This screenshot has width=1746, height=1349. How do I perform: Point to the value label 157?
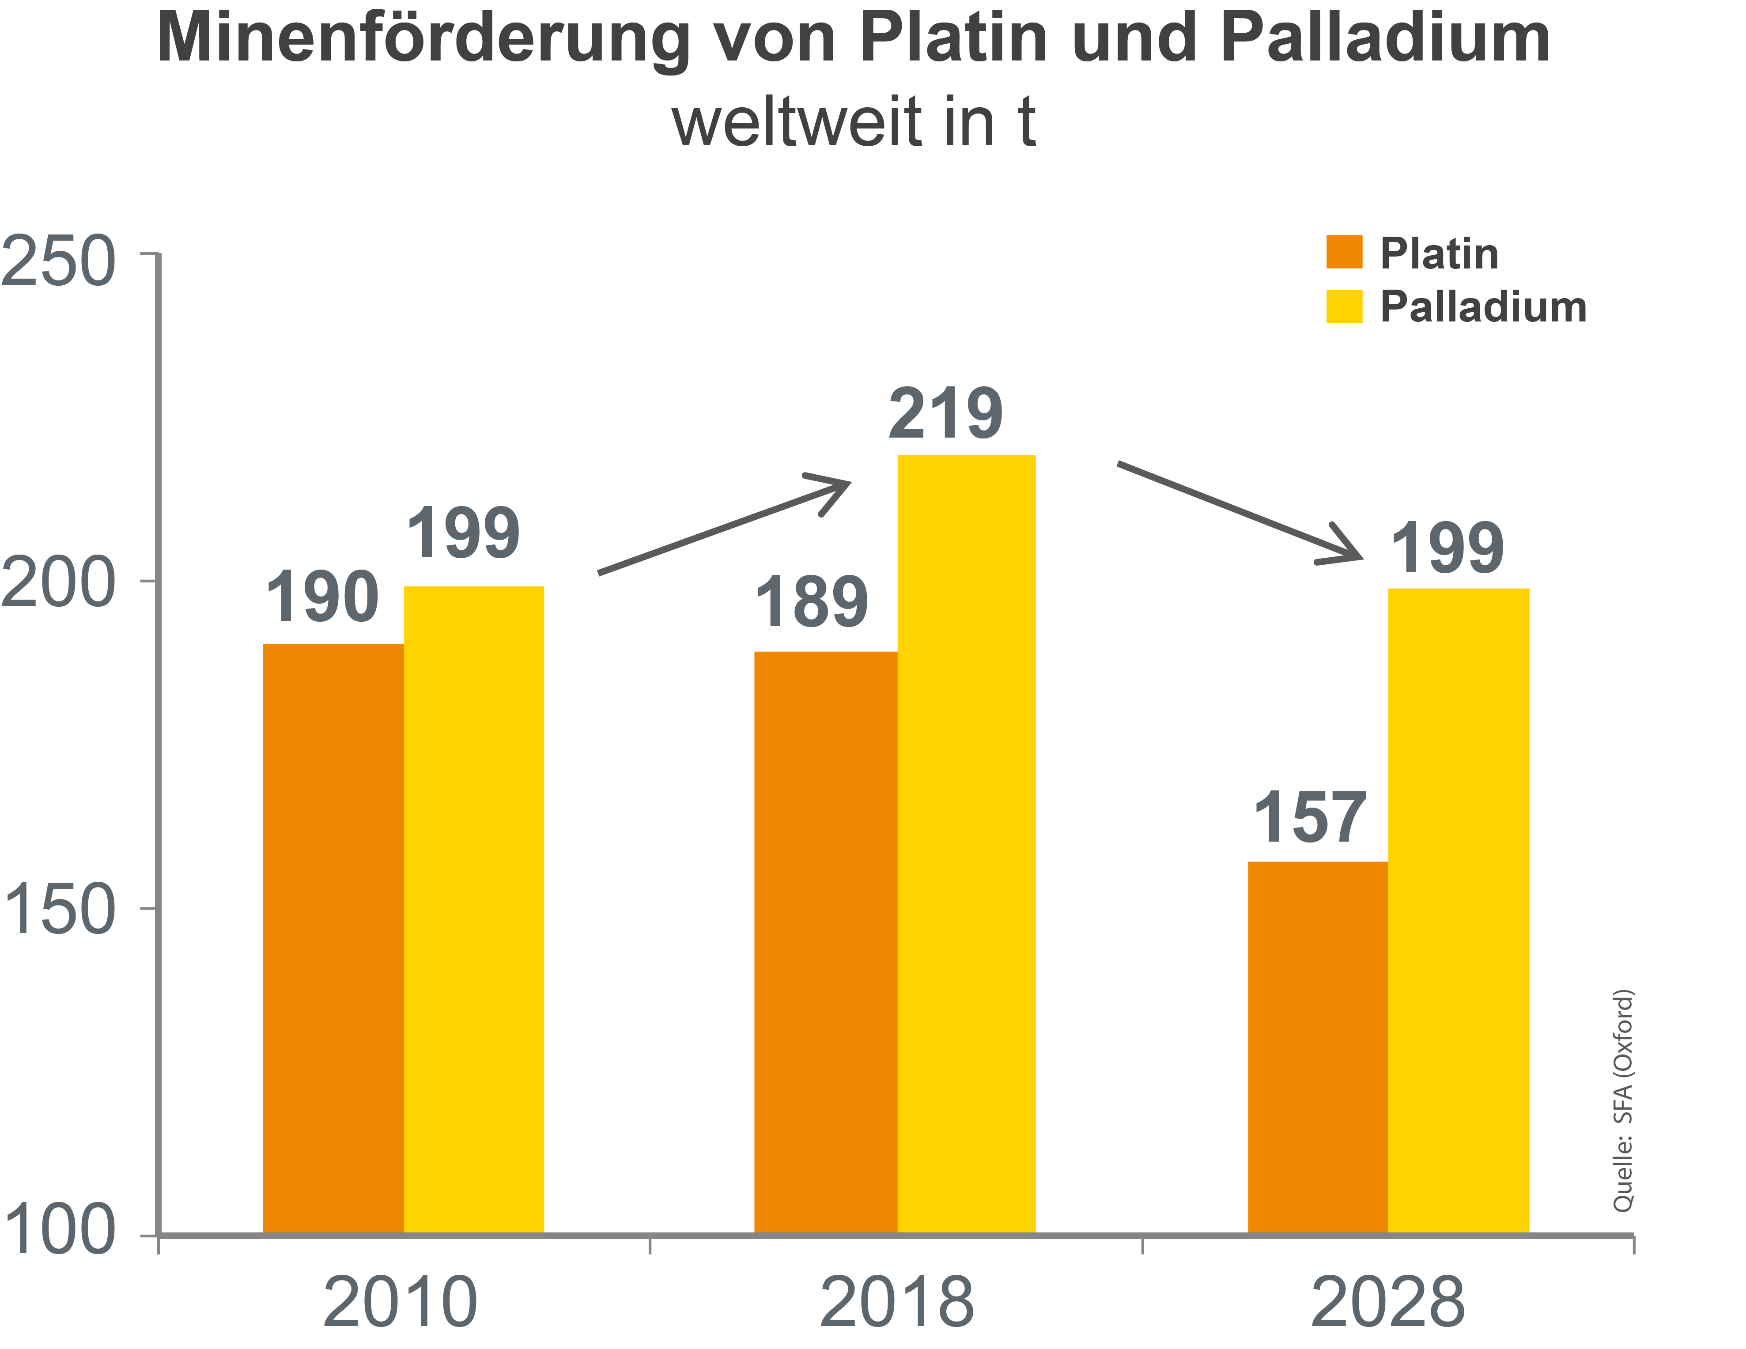click(x=1310, y=818)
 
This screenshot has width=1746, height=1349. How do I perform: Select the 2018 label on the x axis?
click(x=896, y=1303)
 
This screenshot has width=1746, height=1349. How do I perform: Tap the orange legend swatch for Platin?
click(x=1344, y=252)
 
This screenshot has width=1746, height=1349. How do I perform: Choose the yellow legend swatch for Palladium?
click(x=1344, y=306)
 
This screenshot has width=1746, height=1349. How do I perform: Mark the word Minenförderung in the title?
click(x=422, y=38)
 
